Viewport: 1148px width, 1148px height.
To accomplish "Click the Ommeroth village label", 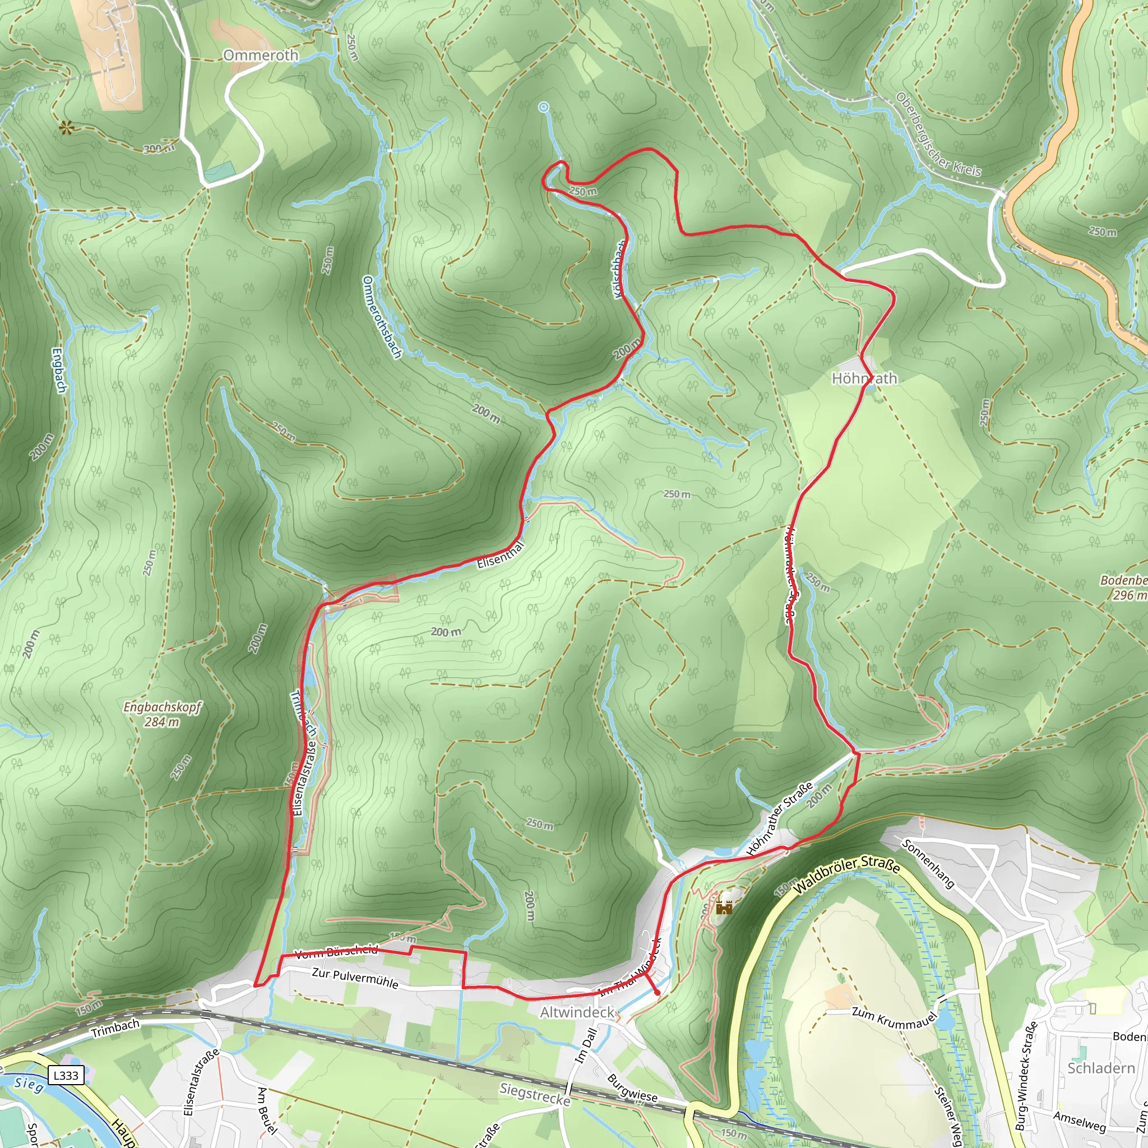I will [261, 55].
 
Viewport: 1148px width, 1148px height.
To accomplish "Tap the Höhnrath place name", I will [864, 378].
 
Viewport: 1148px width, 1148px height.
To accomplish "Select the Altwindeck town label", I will [577, 1011].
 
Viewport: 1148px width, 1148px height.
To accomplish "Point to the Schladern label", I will [1101, 1068].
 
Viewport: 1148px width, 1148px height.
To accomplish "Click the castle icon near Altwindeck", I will [724, 907].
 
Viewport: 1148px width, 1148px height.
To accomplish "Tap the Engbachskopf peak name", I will [162, 706].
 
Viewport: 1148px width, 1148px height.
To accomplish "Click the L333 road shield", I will [66, 1075].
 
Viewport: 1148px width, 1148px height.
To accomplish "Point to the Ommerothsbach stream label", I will [382, 317].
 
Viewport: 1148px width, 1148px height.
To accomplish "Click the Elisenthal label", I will [501, 554].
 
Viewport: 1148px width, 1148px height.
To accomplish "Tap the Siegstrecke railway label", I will [535, 1094].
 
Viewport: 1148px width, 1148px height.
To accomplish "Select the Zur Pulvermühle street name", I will [355, 978].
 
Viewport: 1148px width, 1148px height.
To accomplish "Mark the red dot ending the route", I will [656, 993].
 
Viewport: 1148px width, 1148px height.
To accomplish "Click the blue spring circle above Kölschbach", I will [543, 107].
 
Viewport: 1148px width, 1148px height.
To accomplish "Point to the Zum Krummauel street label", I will [894, 1018].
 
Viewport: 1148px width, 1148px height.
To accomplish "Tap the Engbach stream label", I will [59, 370].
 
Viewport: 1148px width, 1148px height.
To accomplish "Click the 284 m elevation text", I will [161, 722].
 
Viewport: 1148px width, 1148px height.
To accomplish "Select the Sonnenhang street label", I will [928, 863].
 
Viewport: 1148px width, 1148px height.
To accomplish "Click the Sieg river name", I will [29, 1085].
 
